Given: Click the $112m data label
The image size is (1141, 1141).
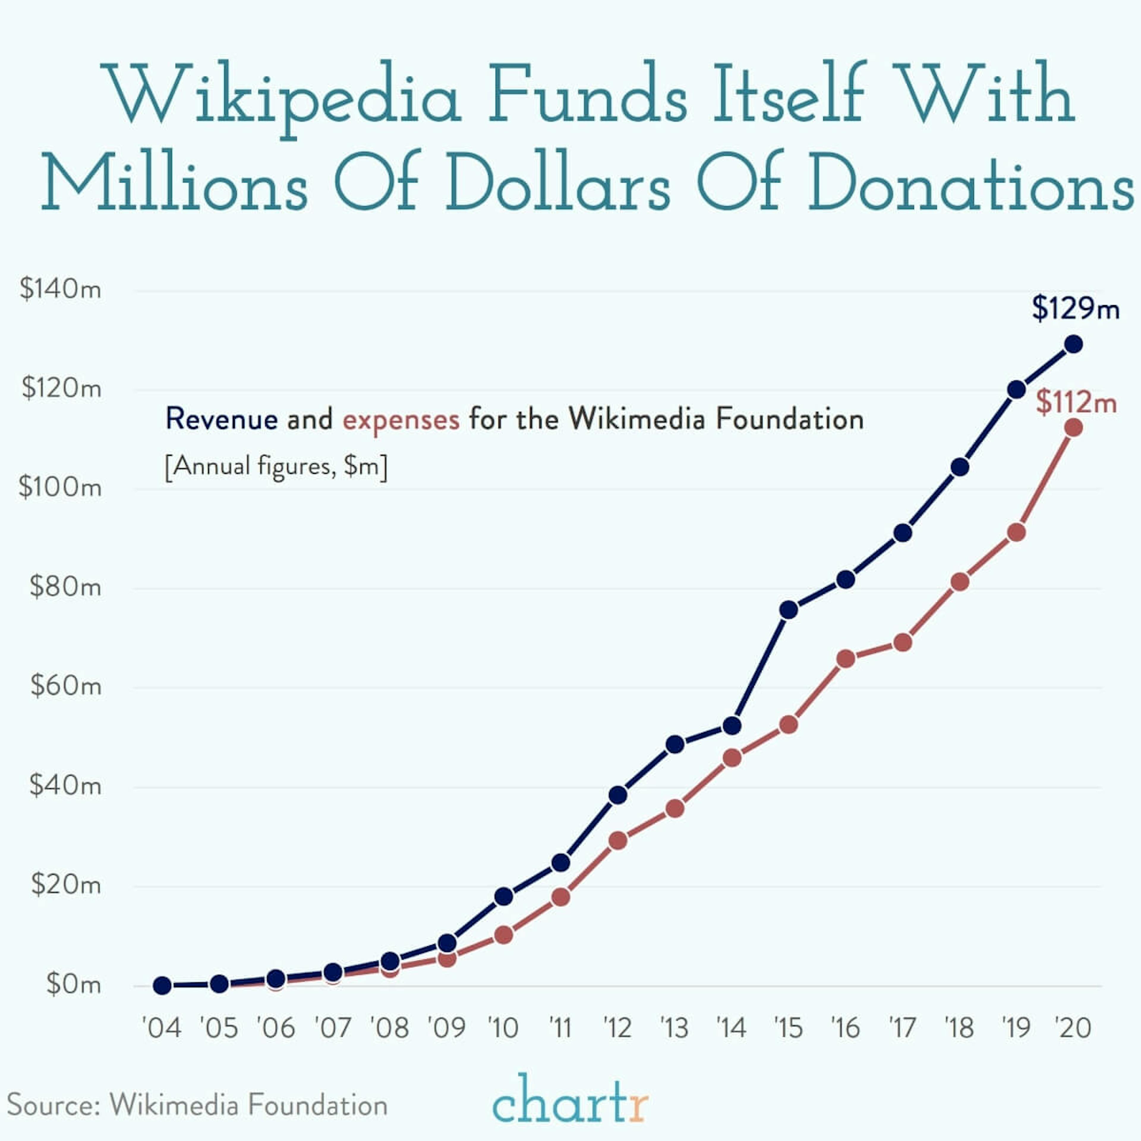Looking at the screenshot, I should tap(1076, 403).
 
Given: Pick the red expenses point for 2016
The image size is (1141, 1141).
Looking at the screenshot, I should tap(846, 658).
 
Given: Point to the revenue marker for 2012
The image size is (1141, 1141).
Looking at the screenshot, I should tap(618, 795).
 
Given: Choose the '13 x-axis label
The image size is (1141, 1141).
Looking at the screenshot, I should tap(674, 1028).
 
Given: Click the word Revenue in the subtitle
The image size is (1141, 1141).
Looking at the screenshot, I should tap(221, 419).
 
